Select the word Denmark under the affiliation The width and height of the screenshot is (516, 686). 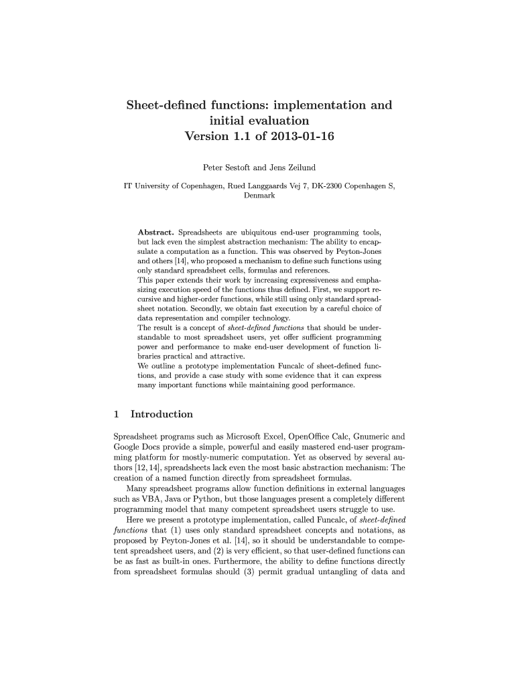click(257, 196)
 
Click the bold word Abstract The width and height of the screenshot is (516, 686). click(156, 232)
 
